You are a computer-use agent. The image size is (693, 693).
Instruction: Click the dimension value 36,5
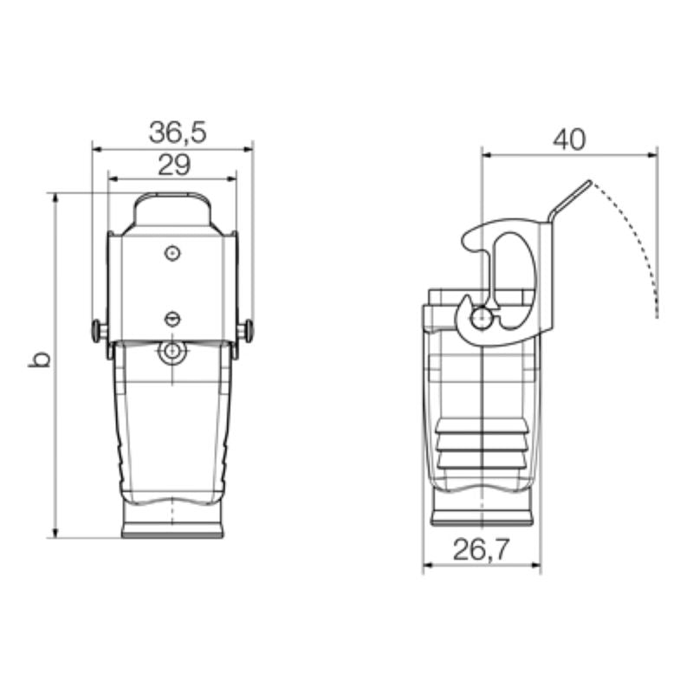pos(178,133)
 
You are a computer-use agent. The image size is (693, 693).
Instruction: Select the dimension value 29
pos(174,165)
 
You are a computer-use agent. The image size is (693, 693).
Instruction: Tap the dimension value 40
pos(569,139)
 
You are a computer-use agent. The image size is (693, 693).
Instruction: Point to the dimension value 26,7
pos(482,549)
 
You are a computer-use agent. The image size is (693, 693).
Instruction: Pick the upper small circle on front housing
pos(172,253)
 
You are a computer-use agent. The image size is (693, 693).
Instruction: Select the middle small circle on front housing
pos(172,319)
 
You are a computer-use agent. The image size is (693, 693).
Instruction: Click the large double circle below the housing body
pos(171,352)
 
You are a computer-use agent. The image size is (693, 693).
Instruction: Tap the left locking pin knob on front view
pos(96,331)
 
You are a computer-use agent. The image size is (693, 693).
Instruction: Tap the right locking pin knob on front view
pos(249,330)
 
